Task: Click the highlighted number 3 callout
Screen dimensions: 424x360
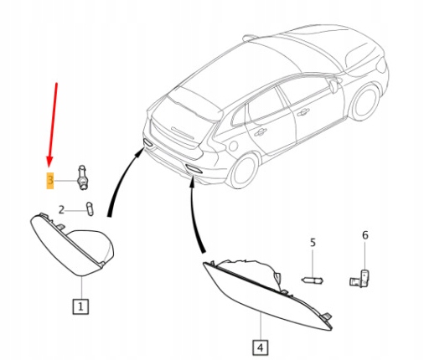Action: point(50,181)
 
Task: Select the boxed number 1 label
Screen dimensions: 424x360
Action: point(80,306)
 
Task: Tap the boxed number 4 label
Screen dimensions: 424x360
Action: point(261,347)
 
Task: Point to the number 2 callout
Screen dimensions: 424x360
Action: point(61,209)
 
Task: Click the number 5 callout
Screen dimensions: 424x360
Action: point(313,243)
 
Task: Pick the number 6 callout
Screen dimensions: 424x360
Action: point(365,235)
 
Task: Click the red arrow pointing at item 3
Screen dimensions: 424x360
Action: point(53,126)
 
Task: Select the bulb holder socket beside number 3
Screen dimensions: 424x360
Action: point(82,177)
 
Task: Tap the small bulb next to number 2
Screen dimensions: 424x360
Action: point(90,208)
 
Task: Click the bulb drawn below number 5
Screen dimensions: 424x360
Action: point(312,280)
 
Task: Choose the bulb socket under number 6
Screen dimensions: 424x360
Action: point(359,279)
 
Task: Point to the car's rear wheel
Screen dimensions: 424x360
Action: point(242,171)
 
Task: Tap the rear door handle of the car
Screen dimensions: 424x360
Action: point(261,131)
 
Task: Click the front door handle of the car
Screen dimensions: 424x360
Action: point(303,112)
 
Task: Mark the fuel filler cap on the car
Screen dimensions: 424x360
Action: point(233,146)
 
